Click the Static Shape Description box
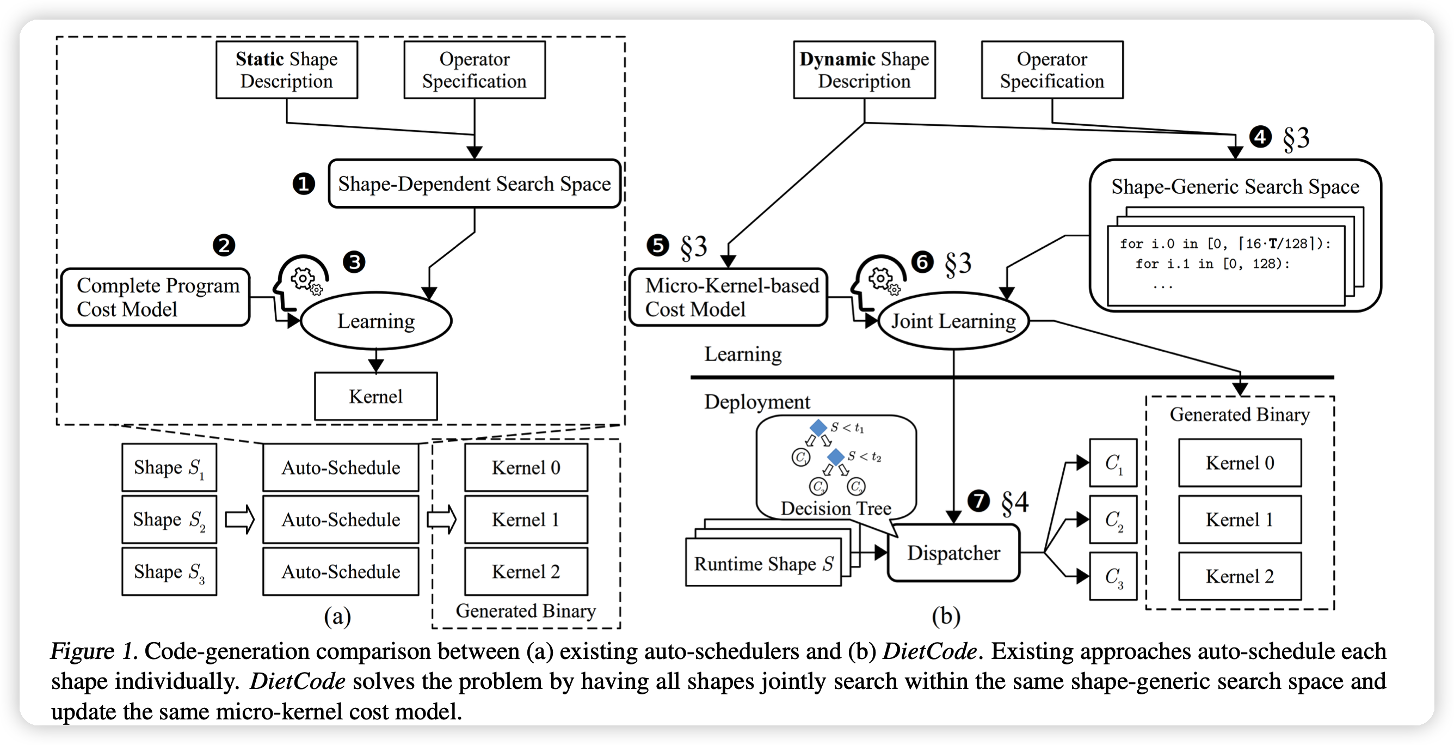pyautogui.click(x=286, y=70)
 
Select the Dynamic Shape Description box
pyautogui.click(x=864, y=70)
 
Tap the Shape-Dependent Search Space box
pyautogui.click(x=474, y=184)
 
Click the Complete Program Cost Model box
pyautogui.click(x=155, y=298)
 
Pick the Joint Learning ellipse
pyautogui.click(x=953, y=321)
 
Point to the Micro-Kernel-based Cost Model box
pyautogui.click(x=728, y=298)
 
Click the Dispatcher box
pyautogui.click(x=953, y=553)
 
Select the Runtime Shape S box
pyautogui.click(x=763, y=564)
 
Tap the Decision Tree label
pyautogui.click(x=835, y=508)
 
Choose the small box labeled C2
pyautogui.click(x=1113, y=520)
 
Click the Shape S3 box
pyautogui.click(x=169, y=572)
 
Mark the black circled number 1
pyautogui.click(x=304, y=184)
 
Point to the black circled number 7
pyautogui.click(x=978, y=501)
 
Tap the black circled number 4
pyautogui.click(x=1260, y=137)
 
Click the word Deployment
pyautogui.click(x=756, y=402)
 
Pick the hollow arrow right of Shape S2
pyautogui.click(x=240, y=520)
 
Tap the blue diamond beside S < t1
pyautogui.click(x=818, y=428)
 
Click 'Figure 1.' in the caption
pyautogui.click(x=94, y=651)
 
